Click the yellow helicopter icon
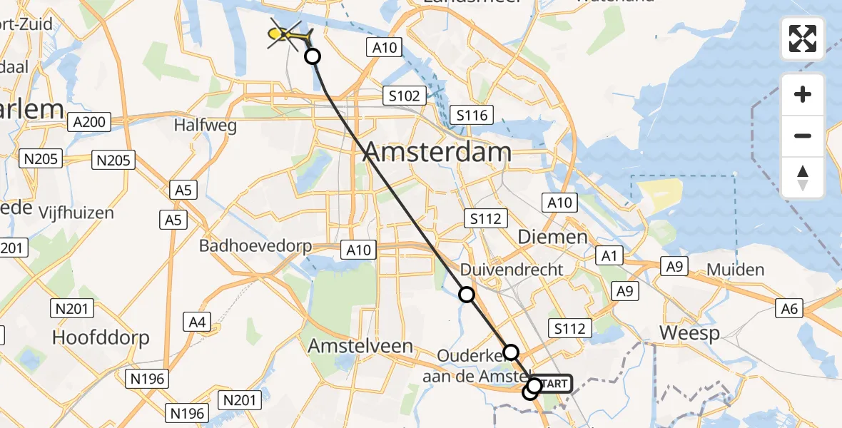coord(288,34)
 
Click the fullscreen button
coord(803,39)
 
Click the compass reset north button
coord(803,178)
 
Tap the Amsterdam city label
coord(439,152)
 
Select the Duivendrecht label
coord(512,270)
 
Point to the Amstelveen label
coord(360,346)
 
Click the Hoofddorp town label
coord(101,337)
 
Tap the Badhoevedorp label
coord(255,247)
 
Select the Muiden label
coord(736,270)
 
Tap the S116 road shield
coord(472,115)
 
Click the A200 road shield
coord(90,122)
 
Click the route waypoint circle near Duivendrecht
coord(466,294)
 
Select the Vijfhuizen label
coord(77,213)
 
